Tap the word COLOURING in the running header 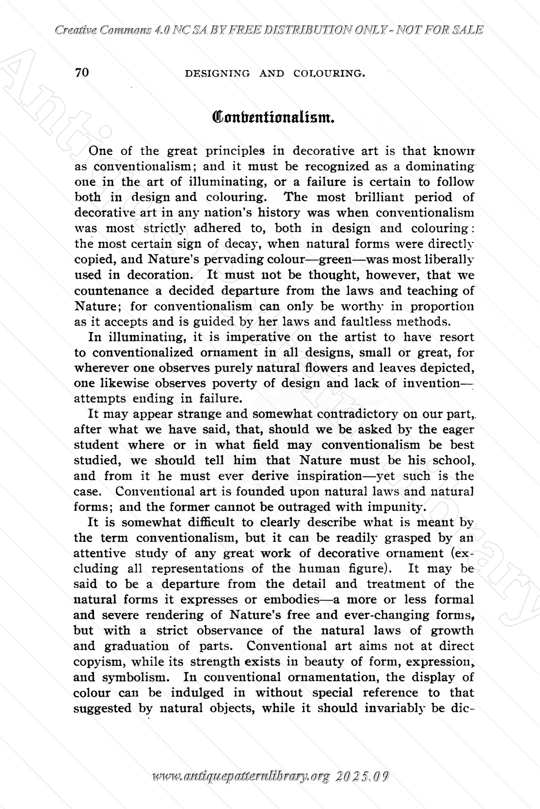329,74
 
